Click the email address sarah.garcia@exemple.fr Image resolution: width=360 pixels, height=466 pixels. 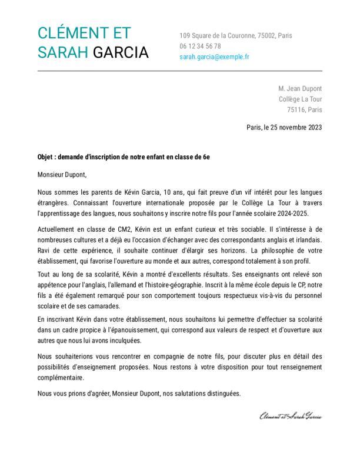click(214, 57)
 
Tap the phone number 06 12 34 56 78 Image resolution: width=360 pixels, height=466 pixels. click(200, 46)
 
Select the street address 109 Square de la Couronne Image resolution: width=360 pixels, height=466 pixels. click(217, 35)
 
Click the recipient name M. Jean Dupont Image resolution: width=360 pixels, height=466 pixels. click(300, 88)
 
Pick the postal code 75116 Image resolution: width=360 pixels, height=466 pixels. click(296, 109)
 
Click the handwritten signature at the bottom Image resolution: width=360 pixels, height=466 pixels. click(291, 417)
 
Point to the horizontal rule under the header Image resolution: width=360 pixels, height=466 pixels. click(180, 71)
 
